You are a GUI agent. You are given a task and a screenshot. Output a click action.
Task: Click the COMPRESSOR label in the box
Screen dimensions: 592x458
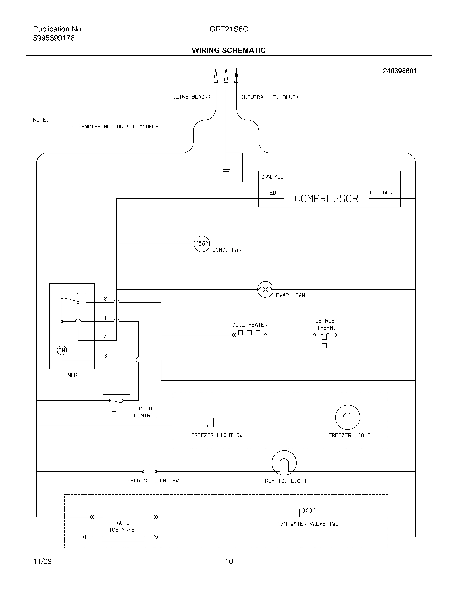point(326,199)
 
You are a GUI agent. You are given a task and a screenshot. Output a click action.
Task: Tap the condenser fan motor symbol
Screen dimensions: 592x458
point(202,244)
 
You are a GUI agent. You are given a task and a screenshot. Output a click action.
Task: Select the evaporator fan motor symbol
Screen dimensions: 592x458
point(265,289)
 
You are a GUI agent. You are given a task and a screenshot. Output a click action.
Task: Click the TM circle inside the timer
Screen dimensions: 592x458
point(62,350)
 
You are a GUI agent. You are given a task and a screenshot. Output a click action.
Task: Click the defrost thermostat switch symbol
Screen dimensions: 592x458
point(327,336)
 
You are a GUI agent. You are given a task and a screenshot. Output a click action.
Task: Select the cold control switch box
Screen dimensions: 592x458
point(116,408)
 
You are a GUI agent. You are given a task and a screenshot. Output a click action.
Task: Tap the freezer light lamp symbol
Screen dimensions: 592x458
point(348,417)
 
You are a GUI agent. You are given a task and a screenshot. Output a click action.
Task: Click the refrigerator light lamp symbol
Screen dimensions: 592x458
point(284,463)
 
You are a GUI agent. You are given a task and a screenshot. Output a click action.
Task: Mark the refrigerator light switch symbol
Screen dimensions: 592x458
point(150,470)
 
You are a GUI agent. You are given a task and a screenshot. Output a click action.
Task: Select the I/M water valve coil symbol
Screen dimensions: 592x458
point(307,511)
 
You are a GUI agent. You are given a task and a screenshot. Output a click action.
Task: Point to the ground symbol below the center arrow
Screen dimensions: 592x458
point(226,172)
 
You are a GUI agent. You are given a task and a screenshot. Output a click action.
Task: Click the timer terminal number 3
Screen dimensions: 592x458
point(106,356)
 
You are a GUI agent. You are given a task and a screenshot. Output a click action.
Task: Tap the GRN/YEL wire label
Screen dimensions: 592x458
point(272,177)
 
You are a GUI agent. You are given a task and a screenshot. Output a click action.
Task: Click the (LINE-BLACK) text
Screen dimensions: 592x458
point(192,97)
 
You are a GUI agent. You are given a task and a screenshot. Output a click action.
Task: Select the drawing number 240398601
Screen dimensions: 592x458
point(399,71)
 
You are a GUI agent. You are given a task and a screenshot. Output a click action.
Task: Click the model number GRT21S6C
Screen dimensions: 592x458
point(229,29)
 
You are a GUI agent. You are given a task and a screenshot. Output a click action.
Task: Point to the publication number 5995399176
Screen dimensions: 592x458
point(54,38)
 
